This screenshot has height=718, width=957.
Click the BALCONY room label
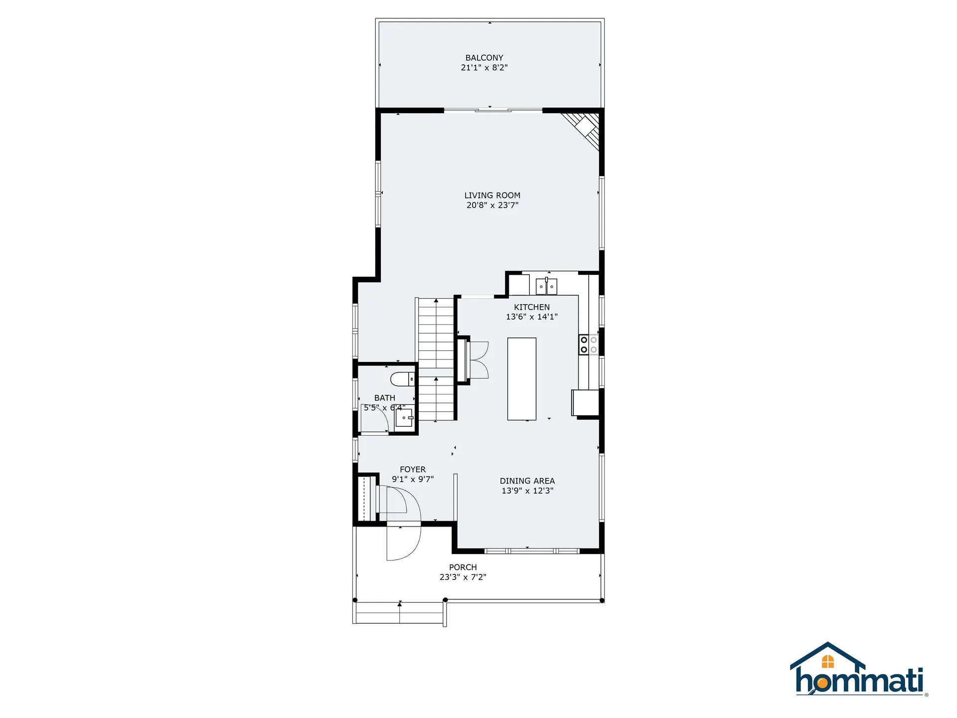[x=484, y=58]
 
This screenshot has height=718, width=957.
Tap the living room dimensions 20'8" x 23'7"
[x=492, y=205]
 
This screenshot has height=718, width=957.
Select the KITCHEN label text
[x=532, y=307]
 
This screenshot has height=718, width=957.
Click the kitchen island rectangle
[x=522, y=379]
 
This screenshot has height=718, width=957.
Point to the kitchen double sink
[x=546, y=287]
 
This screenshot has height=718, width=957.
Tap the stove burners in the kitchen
[x=588, y=345]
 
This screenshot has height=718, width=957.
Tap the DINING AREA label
[x=527, y=481]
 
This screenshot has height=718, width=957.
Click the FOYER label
[x=413, y=469]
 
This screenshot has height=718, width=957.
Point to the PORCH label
[x=463, y=567]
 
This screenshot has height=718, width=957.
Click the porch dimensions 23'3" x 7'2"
[x=463, y=577]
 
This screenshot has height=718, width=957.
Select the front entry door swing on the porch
[x=404, y=543]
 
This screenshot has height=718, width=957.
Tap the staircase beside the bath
[x=436, y=359]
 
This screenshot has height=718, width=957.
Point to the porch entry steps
[x=399, y=613]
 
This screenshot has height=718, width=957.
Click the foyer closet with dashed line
[x=367, y=499]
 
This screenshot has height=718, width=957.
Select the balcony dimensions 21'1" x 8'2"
[x=484, y=67]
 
